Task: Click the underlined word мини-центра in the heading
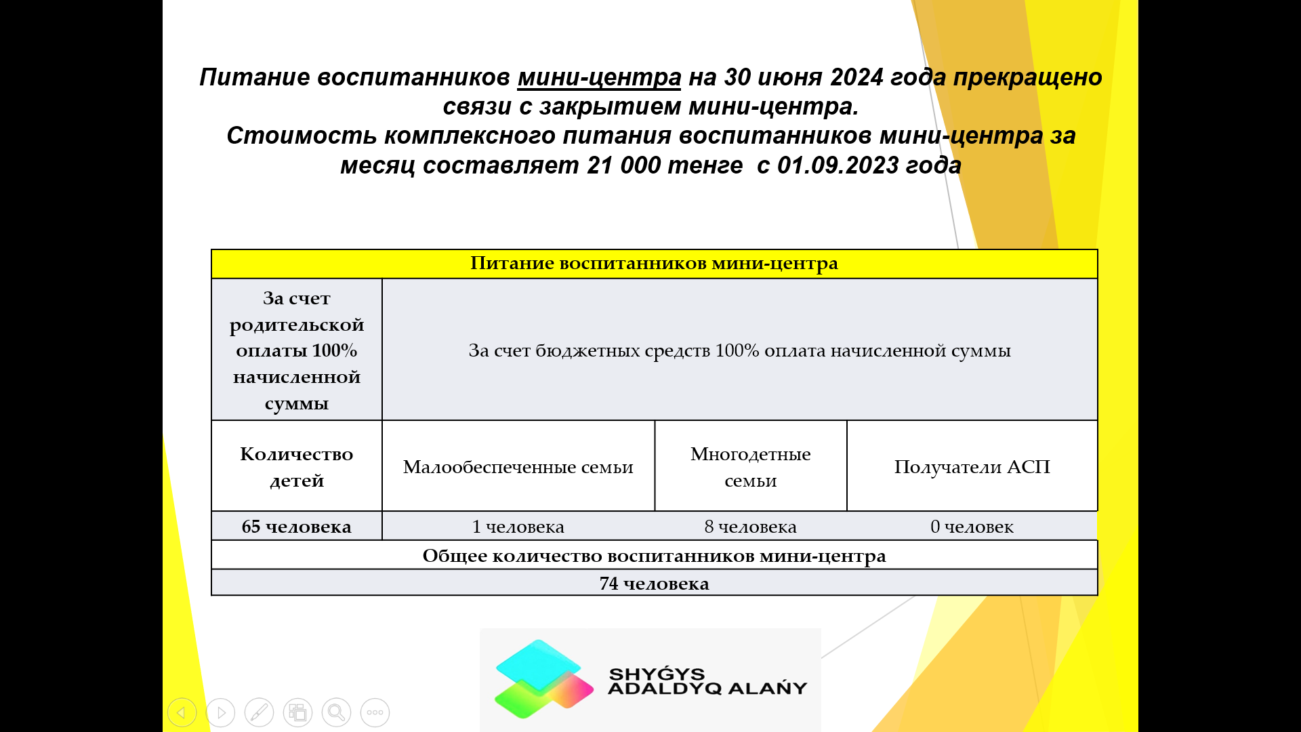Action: click(599, 78)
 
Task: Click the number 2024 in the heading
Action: click(856, 77)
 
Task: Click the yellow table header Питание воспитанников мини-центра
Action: click(654, 264)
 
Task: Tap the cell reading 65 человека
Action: click(297, 527)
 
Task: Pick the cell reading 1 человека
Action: click(518, 527)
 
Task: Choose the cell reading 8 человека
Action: click(751, 527)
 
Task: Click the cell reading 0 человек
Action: click(972, 527)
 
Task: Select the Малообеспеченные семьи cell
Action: click(518, 466)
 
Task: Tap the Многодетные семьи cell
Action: click(751, 466)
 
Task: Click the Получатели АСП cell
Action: click(972, 466)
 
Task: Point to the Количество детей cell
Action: click(297, 466)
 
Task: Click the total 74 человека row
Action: click(654, 583)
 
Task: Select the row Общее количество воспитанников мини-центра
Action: click(654, 555)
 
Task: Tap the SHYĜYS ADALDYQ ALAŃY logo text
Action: click(707, 681)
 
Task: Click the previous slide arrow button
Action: click(182, 712)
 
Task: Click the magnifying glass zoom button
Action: click(336, 712)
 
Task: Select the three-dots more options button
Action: click(375, 712)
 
